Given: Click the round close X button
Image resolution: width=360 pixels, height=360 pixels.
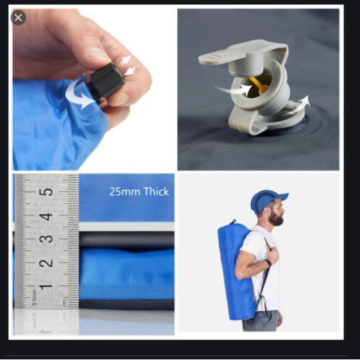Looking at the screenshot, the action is tap(18, 18).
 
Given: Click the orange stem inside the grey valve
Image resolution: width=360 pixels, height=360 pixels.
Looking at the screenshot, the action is tap(258, 84).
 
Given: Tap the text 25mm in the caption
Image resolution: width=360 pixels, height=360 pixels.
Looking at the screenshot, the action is tap(124, 192).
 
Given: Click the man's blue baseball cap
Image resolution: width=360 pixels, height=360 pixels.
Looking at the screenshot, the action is tap(267, 200).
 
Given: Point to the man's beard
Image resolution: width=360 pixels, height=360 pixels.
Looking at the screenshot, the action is tap(276, 218).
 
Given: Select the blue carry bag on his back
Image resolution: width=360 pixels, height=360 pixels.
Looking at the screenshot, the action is tap(236, 271).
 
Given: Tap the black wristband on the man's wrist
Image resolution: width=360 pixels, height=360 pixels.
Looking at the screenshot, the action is tap(268, 262).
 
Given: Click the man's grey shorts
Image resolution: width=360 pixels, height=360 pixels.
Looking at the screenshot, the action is tap(262, 321).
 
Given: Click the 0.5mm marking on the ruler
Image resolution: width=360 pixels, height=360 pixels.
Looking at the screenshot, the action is tap(34, 297).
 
